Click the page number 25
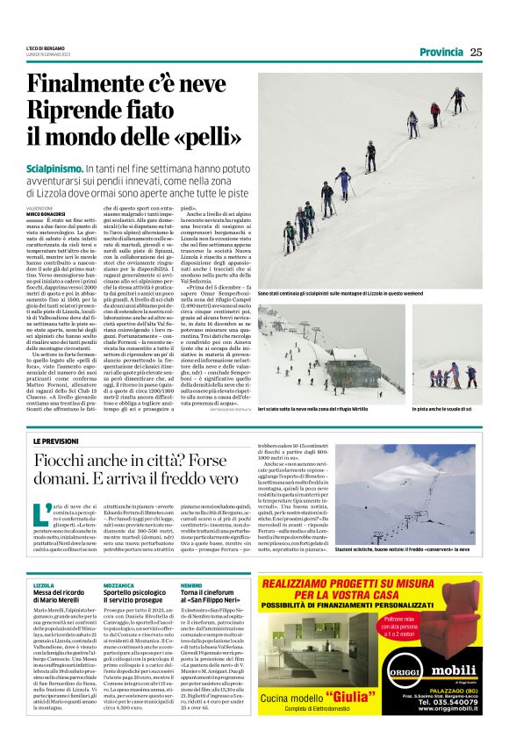(x=477, y=52)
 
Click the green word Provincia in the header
(x=441, y=52)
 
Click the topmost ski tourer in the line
(x=457, y=96)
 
